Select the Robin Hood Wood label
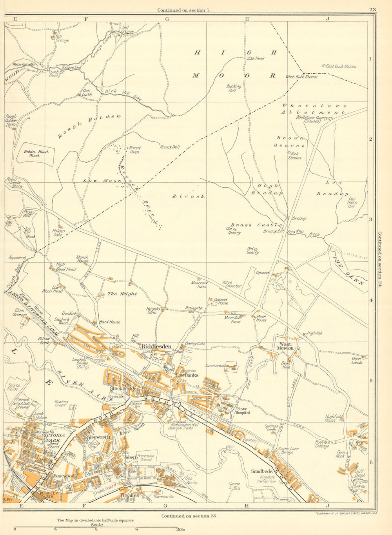pyautogui.click(x=34, y=153)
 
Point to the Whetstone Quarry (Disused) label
pyautogui.click(x=314, y=119)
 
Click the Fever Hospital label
pyautogui.click(x=242, y=410)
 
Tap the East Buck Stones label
pyautogui.click(x=341, y=67)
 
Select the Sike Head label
pyautogui.click(x=255, y=58)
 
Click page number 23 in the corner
pyautogui.click(x=372, y=10)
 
